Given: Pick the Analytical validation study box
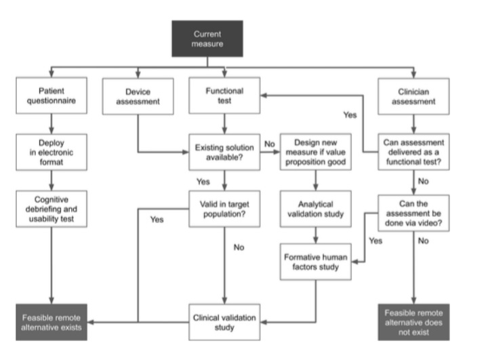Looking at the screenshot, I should [x=315, y=209].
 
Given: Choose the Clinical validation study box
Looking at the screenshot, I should [x=224, y=321].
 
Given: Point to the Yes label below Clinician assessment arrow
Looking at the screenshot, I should [x=350, y=115].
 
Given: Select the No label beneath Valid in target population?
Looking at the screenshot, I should [x=239, y=248].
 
